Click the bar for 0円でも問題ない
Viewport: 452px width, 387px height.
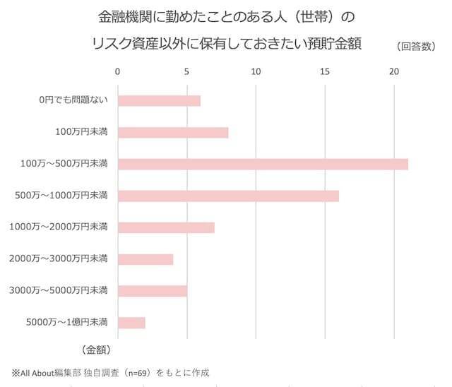[x=159, y=101]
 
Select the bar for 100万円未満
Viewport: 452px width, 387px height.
[x=173, y=132]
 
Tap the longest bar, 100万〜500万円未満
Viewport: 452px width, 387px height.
[x=263, y=165]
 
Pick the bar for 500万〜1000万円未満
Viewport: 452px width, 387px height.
[x=228, y=196]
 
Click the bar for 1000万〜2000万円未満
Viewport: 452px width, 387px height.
[x=166, y=227]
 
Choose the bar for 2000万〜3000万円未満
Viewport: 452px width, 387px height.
[x=145, y=259]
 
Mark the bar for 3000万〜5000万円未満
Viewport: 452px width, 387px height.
[x=153, y=290]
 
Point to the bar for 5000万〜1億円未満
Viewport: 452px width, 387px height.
[x=131, y=323]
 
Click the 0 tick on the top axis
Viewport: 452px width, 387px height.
[x=117, y=71]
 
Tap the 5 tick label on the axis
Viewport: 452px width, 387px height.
[x=186, y=71]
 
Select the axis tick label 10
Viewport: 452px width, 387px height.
[x=256, y=71]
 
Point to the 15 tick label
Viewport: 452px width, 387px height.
[x=325, y=71]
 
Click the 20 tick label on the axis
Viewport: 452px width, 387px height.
[x=394, y=71]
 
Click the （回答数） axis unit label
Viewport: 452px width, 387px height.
[x=419, y=47]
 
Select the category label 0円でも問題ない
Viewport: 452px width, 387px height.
[x=73, y=101]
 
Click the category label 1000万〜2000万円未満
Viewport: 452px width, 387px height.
[x=58, y=227]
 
